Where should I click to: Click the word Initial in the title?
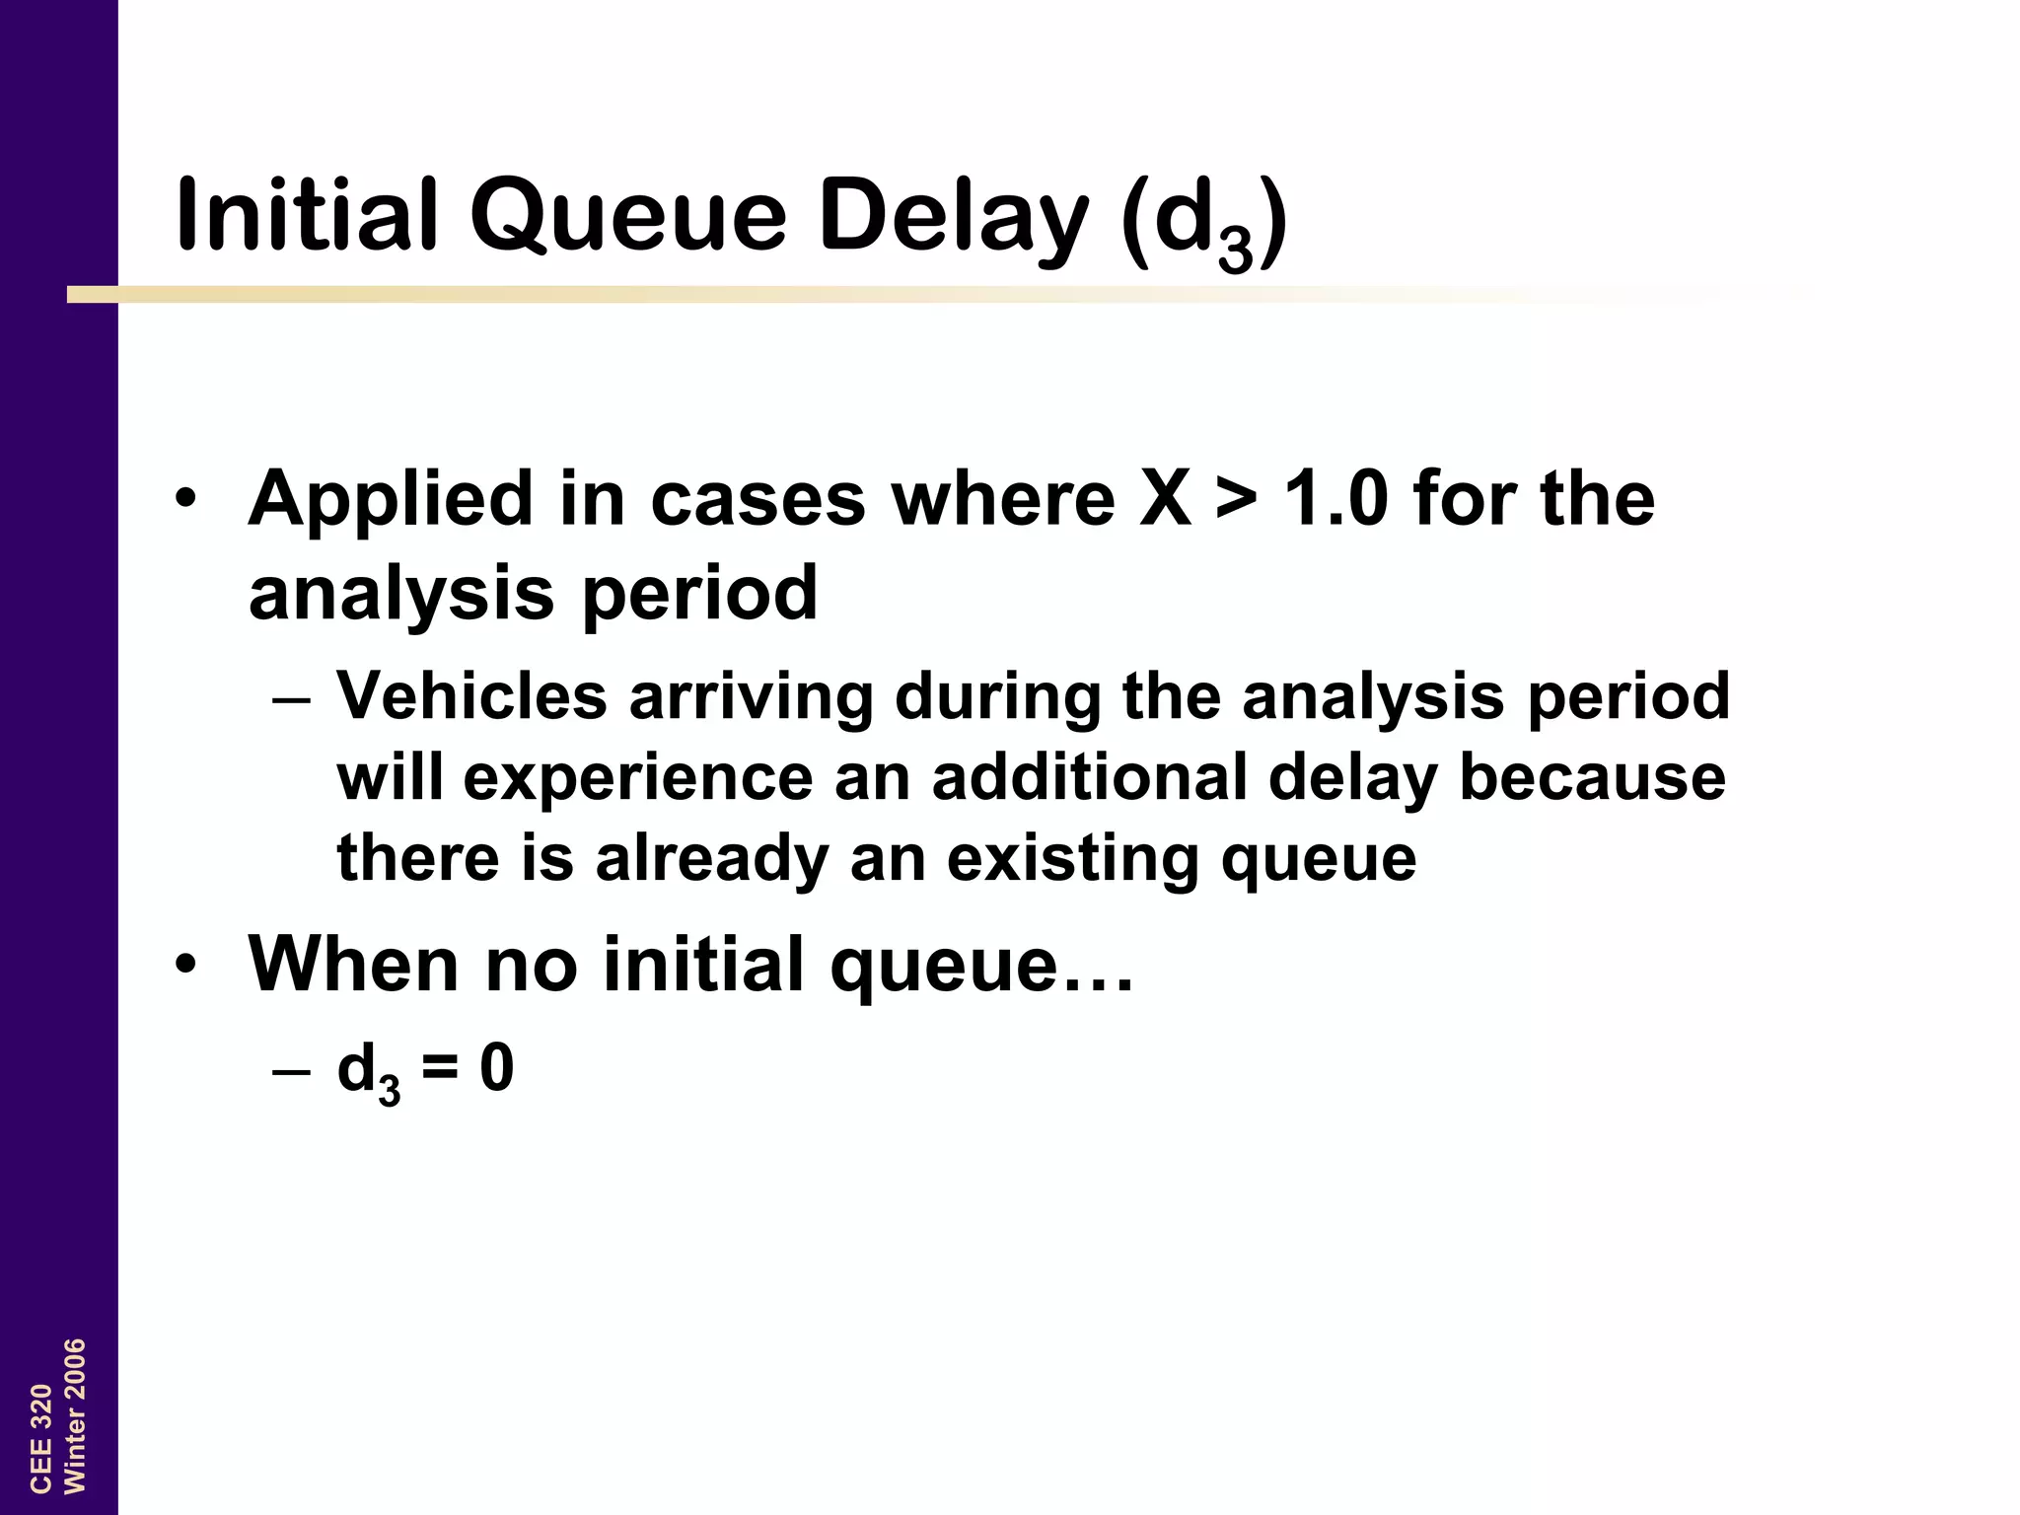click(x=307, y=214)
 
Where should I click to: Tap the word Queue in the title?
click(x=628, y=216)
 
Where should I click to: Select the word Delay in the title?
click(x=953, y=216)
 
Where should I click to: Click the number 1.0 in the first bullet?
click(x=1335, y=497)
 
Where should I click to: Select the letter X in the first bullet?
click(x=1165, y=497)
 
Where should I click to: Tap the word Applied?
click(x=391, y=499)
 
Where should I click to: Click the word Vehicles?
click(x=471, y=695)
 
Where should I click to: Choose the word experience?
click(x=637, y=778)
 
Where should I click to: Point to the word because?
click(x=1592, y=776)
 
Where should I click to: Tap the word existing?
click(x=1073, y=859)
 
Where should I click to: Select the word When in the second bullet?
click(x=354, y=964)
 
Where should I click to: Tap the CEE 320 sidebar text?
click(x=41, y=1438)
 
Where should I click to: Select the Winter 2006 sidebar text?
click(x=75, y=1415)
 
